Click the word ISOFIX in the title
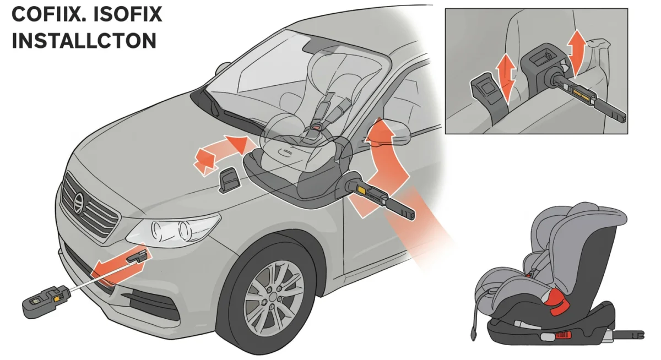tap(123, 14)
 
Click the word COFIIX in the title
tap(45, 14)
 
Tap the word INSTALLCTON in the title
tap(84, 41)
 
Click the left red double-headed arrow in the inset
tap(506, 77)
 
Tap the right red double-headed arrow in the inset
tap(577, 52)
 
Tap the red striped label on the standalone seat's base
tap(564, 335)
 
